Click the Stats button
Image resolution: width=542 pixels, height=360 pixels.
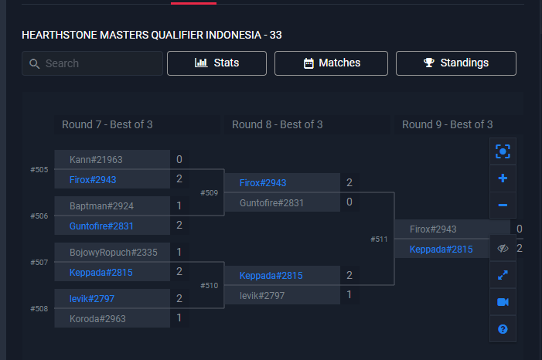(x=216, y=63)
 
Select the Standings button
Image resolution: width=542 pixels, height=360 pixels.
(x=455, y=63)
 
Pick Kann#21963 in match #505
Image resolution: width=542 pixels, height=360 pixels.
(x=96, y=160)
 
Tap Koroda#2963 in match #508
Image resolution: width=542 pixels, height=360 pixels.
(x=97, y=318)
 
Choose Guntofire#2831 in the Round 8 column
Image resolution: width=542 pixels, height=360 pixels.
(x=271, y=202)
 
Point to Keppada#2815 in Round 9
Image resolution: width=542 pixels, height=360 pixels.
(x=441, y=249)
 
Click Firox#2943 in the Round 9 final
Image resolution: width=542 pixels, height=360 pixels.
(x=433, y=229)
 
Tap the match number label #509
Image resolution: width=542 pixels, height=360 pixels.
(x=209, y=192)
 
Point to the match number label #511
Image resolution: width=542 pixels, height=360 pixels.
(x=379, y=239)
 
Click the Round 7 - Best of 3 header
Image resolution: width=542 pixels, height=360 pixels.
(x=107, y=124)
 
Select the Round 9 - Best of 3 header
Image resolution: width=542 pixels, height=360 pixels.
(x=447, y=124)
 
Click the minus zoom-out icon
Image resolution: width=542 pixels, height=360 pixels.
(x=503, y=205)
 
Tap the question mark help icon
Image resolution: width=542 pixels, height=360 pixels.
(x=503, y=329)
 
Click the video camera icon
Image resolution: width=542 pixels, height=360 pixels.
(x=503, y=302)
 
